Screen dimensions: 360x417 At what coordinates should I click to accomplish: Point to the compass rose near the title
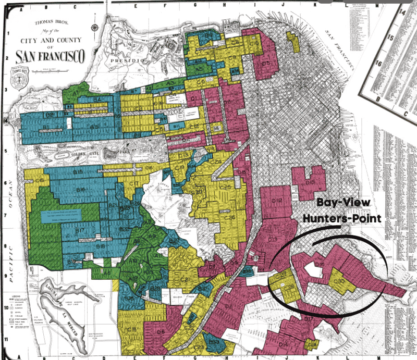point(95,29)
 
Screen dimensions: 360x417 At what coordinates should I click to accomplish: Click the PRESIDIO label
point(127,60)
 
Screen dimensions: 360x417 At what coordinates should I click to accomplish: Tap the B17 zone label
point(80,230)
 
